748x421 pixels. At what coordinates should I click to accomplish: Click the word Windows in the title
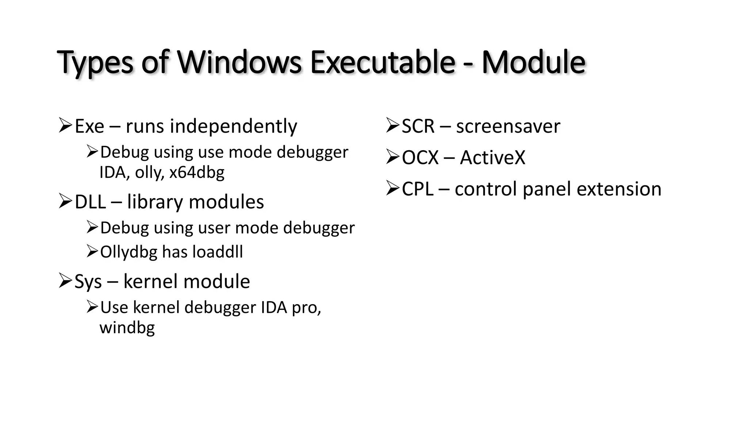239,62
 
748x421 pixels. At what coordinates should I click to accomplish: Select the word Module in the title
533,62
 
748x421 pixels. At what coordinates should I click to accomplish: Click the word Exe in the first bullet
89,126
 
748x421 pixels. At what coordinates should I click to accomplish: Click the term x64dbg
197,172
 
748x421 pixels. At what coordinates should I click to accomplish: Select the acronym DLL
90,202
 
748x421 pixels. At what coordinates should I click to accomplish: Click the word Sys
88,282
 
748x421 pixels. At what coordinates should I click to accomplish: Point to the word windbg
127,327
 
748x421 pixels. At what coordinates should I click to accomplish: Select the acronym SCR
418,126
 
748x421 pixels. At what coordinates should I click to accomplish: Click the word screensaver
508,126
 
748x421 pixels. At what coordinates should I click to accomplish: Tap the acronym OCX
420,158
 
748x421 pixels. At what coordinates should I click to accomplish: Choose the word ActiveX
492,158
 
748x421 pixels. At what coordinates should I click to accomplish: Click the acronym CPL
417,189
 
